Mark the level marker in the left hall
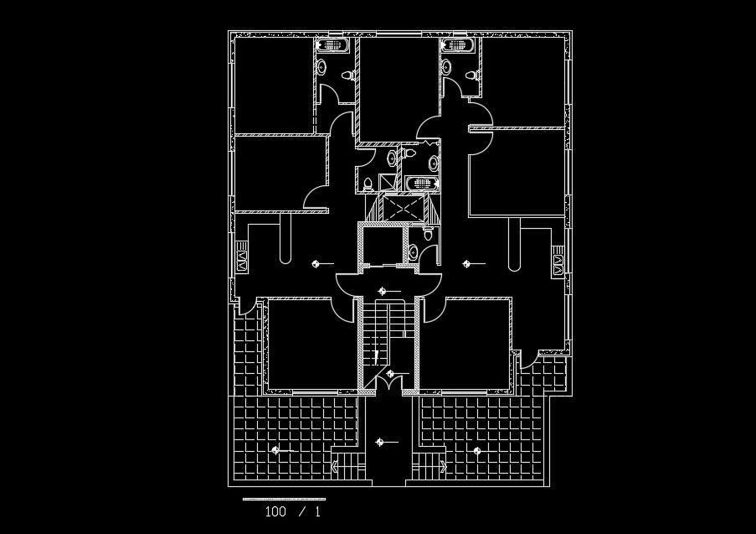tap(315, 263)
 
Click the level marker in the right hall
tap(467, 263)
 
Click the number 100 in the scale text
tap(275, 511)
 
